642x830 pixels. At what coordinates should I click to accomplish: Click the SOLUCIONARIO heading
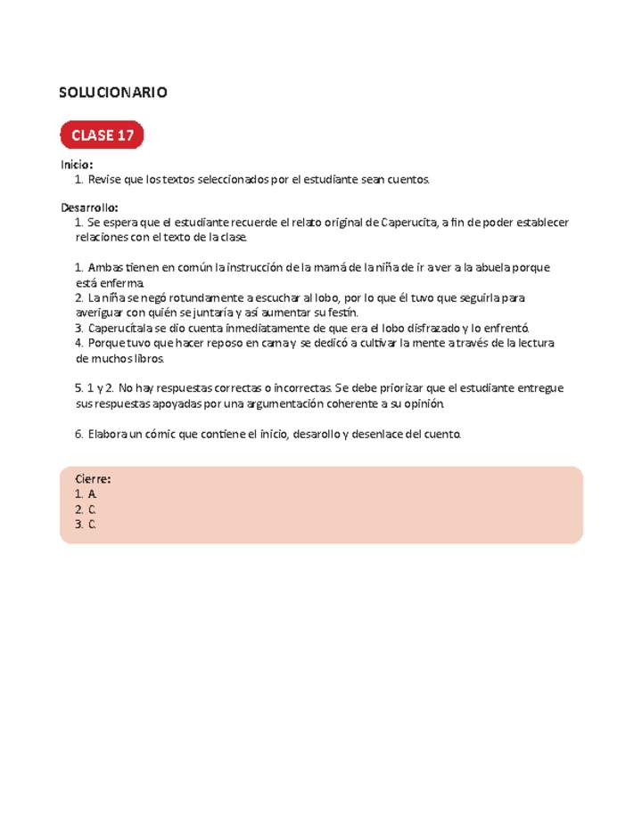112,93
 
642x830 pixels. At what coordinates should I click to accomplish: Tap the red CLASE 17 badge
102,135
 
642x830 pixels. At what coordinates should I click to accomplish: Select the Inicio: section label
77,165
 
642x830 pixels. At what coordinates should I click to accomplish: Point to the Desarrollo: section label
89,207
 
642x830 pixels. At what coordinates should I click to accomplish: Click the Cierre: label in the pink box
93,479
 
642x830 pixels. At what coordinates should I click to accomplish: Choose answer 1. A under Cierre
86,494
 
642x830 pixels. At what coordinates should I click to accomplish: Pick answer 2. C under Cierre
86,509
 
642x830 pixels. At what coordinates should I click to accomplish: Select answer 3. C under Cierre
86,525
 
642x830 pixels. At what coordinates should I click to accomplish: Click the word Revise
105,180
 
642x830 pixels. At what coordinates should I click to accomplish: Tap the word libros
144,358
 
